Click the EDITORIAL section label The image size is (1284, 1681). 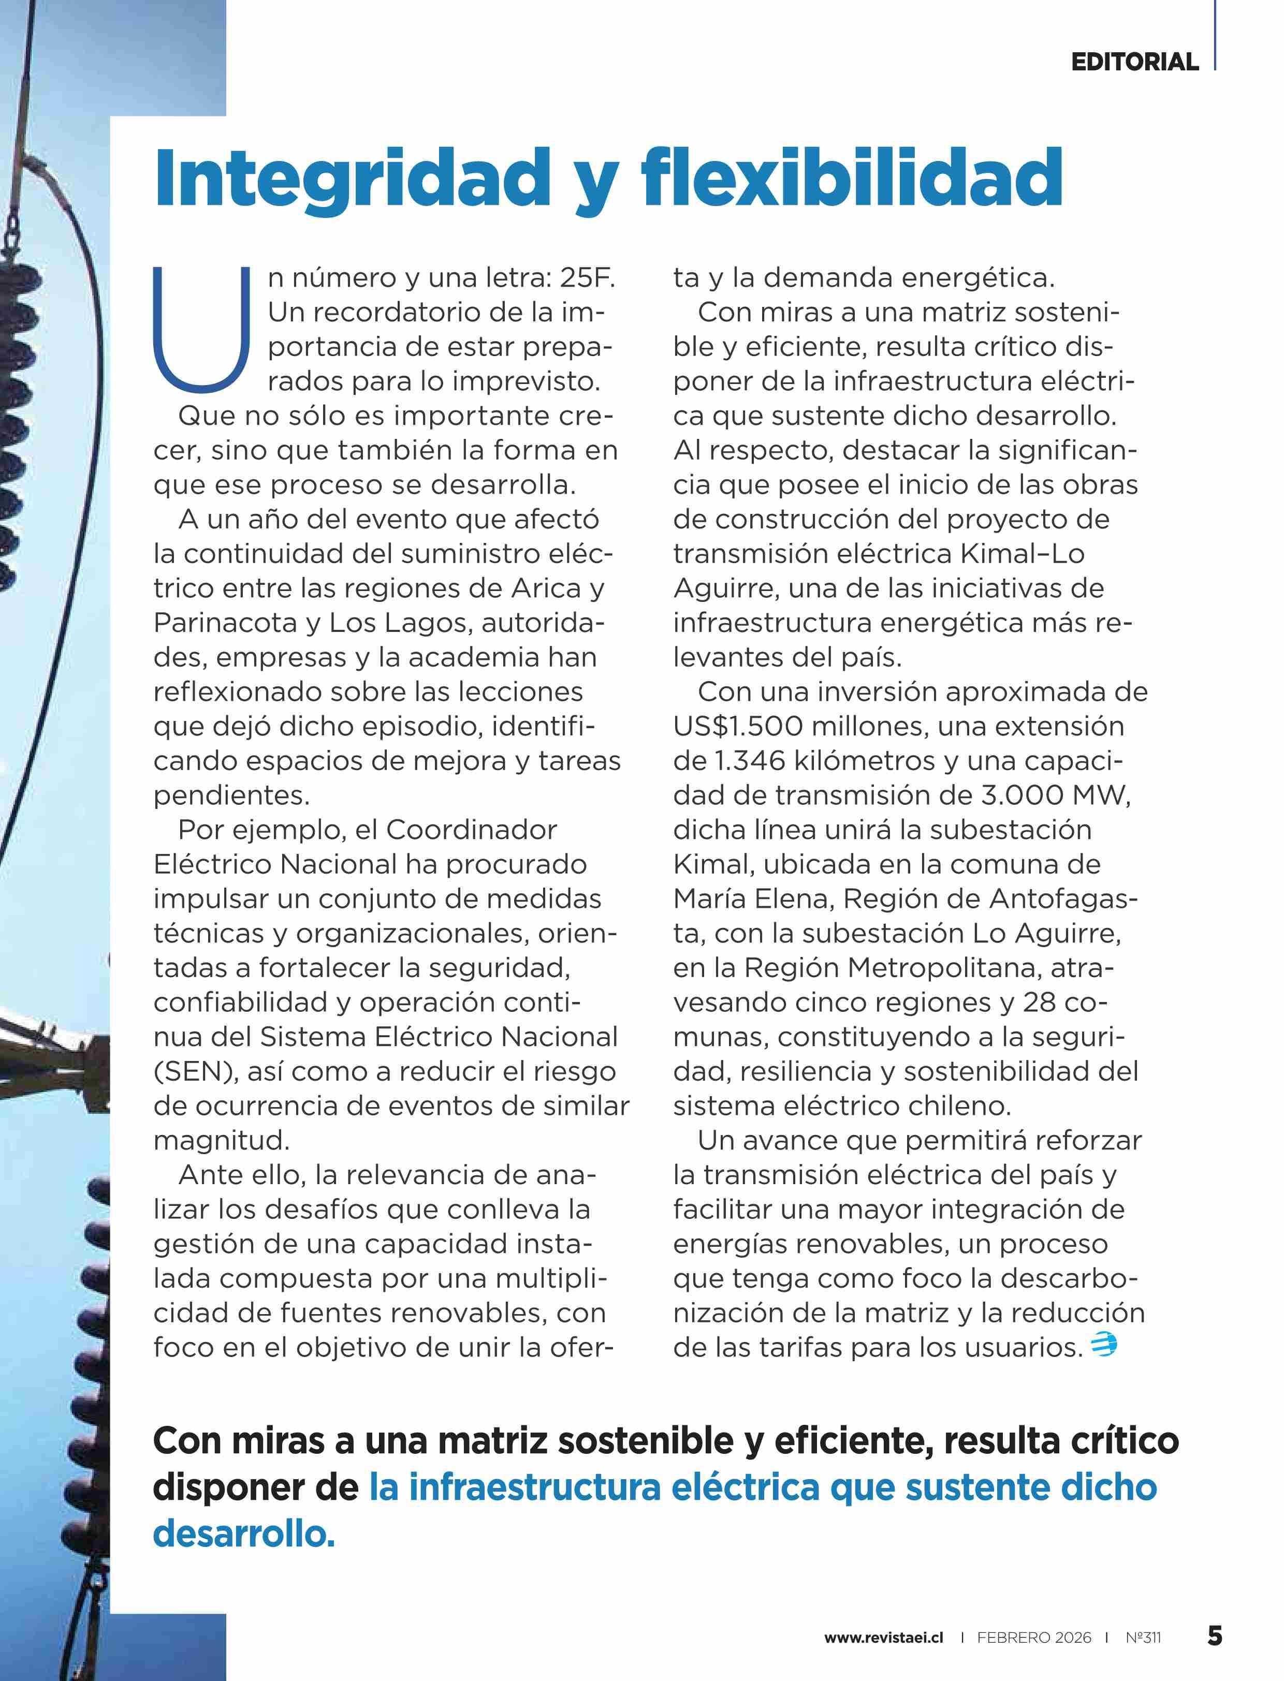[1134, 62]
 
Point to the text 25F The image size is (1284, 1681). [587, 278]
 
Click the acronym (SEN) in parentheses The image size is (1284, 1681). [196, 1071]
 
